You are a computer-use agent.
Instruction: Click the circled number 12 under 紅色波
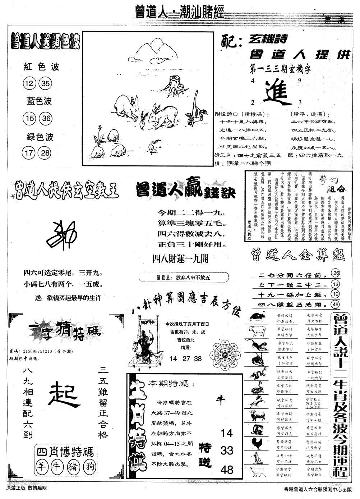click(x=30, y=84)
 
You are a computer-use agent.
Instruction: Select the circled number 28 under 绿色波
click(x=46, y=153)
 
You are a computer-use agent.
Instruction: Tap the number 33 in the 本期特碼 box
click(x=227, y=450)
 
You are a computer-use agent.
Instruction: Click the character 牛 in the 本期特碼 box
click(x=220, y=400)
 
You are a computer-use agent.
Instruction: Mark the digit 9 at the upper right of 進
click(x=299, y=81)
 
